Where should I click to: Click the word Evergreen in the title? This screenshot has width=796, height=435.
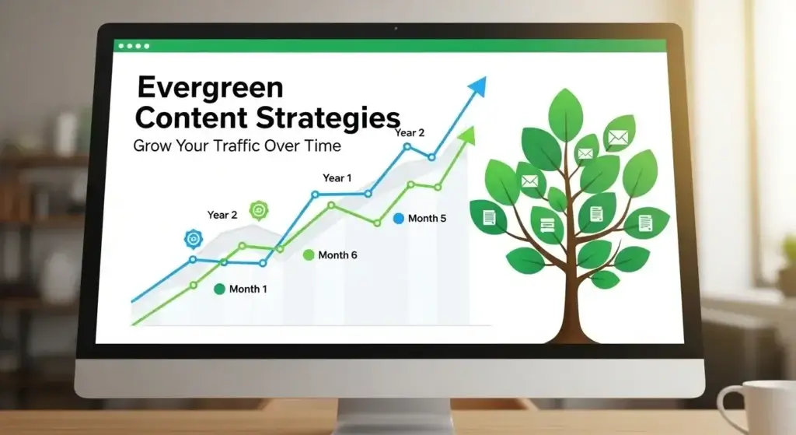click(x=210, y=86)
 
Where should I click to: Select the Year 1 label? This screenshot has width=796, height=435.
click(x=337, y=178)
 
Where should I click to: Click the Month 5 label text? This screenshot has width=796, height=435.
click(x=427, y=219)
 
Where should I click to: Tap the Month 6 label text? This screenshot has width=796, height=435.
click(x=337, y=254)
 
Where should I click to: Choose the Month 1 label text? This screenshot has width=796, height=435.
click(x=248, y=289)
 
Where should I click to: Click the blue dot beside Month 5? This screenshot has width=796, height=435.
click(x=399, y=219)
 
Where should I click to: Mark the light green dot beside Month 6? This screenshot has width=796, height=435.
click(x=308, y=254)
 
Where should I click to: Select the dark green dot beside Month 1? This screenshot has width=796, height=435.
click(x=219, y=289)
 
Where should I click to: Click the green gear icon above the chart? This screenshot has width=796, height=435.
click(x=258, y=210)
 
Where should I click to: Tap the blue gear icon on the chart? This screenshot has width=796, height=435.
click(x=192, y=239)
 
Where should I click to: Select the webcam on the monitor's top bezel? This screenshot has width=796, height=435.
click(x=396, y=30)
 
